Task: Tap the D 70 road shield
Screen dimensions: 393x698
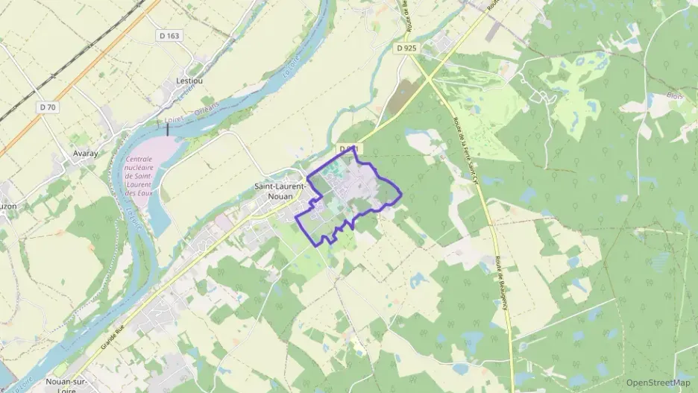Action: click(x=48, y=107)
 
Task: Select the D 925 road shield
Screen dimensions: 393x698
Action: click(x=406, y=48)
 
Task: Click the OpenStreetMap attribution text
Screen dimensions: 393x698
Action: click(x=658, y=383)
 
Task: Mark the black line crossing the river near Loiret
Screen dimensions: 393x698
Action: click(x=168, y=128)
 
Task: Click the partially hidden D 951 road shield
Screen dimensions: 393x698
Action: click(x=350, y=149)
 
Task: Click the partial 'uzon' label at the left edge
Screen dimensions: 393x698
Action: click(x=7, y=205)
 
